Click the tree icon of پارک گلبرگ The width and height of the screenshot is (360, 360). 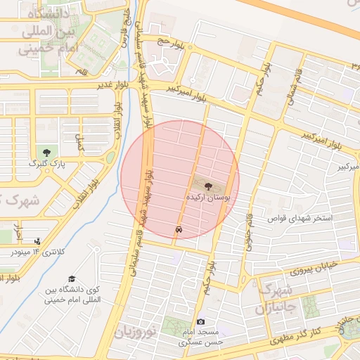click(46, 152)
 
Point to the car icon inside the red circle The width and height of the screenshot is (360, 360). click(180, 230)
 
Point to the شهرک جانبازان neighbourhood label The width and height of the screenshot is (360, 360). click(280, 298)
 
